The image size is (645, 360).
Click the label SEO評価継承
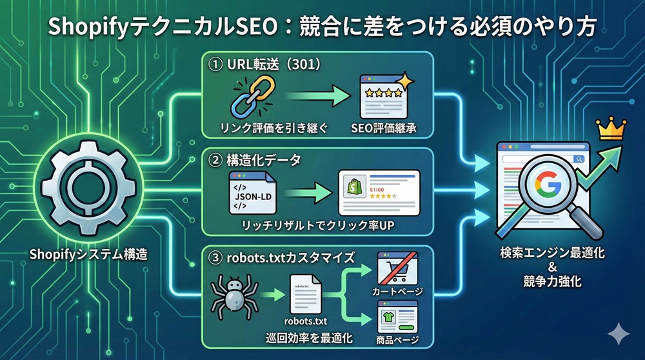(x=386, y=128)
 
